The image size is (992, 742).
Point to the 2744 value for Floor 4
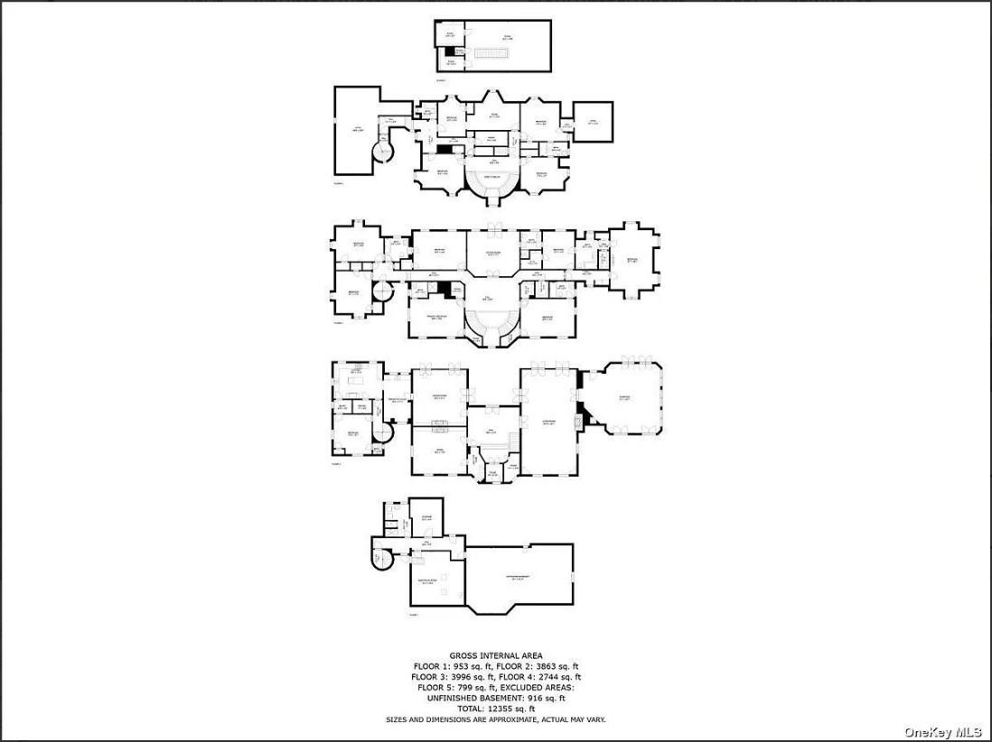[547, 676]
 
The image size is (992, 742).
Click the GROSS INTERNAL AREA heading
[496, 655]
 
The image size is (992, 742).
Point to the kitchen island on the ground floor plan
[355, 386]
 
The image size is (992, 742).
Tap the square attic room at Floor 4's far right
[594, 122]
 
